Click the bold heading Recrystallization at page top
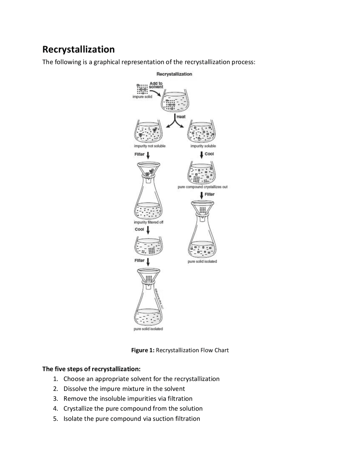coord(78,50)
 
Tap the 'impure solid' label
coord(142,97)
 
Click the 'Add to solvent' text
coord(156,85)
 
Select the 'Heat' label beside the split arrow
coord(181,116)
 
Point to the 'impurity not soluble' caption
coord(150,146)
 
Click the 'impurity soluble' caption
coord(203,146)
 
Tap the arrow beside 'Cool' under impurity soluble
coord(201,155)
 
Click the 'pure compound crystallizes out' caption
coord(202,187)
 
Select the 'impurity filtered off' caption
coord(148,222)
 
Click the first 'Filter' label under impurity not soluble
coord(139,154)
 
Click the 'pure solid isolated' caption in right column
coord(202,261)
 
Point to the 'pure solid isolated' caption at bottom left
coord(148,329)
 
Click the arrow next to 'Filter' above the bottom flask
coord(148,261)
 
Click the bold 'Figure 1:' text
coord(143,350)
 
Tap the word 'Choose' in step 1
coord(74,379)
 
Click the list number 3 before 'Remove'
coord(55,399)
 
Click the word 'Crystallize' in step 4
coord(78,409)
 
